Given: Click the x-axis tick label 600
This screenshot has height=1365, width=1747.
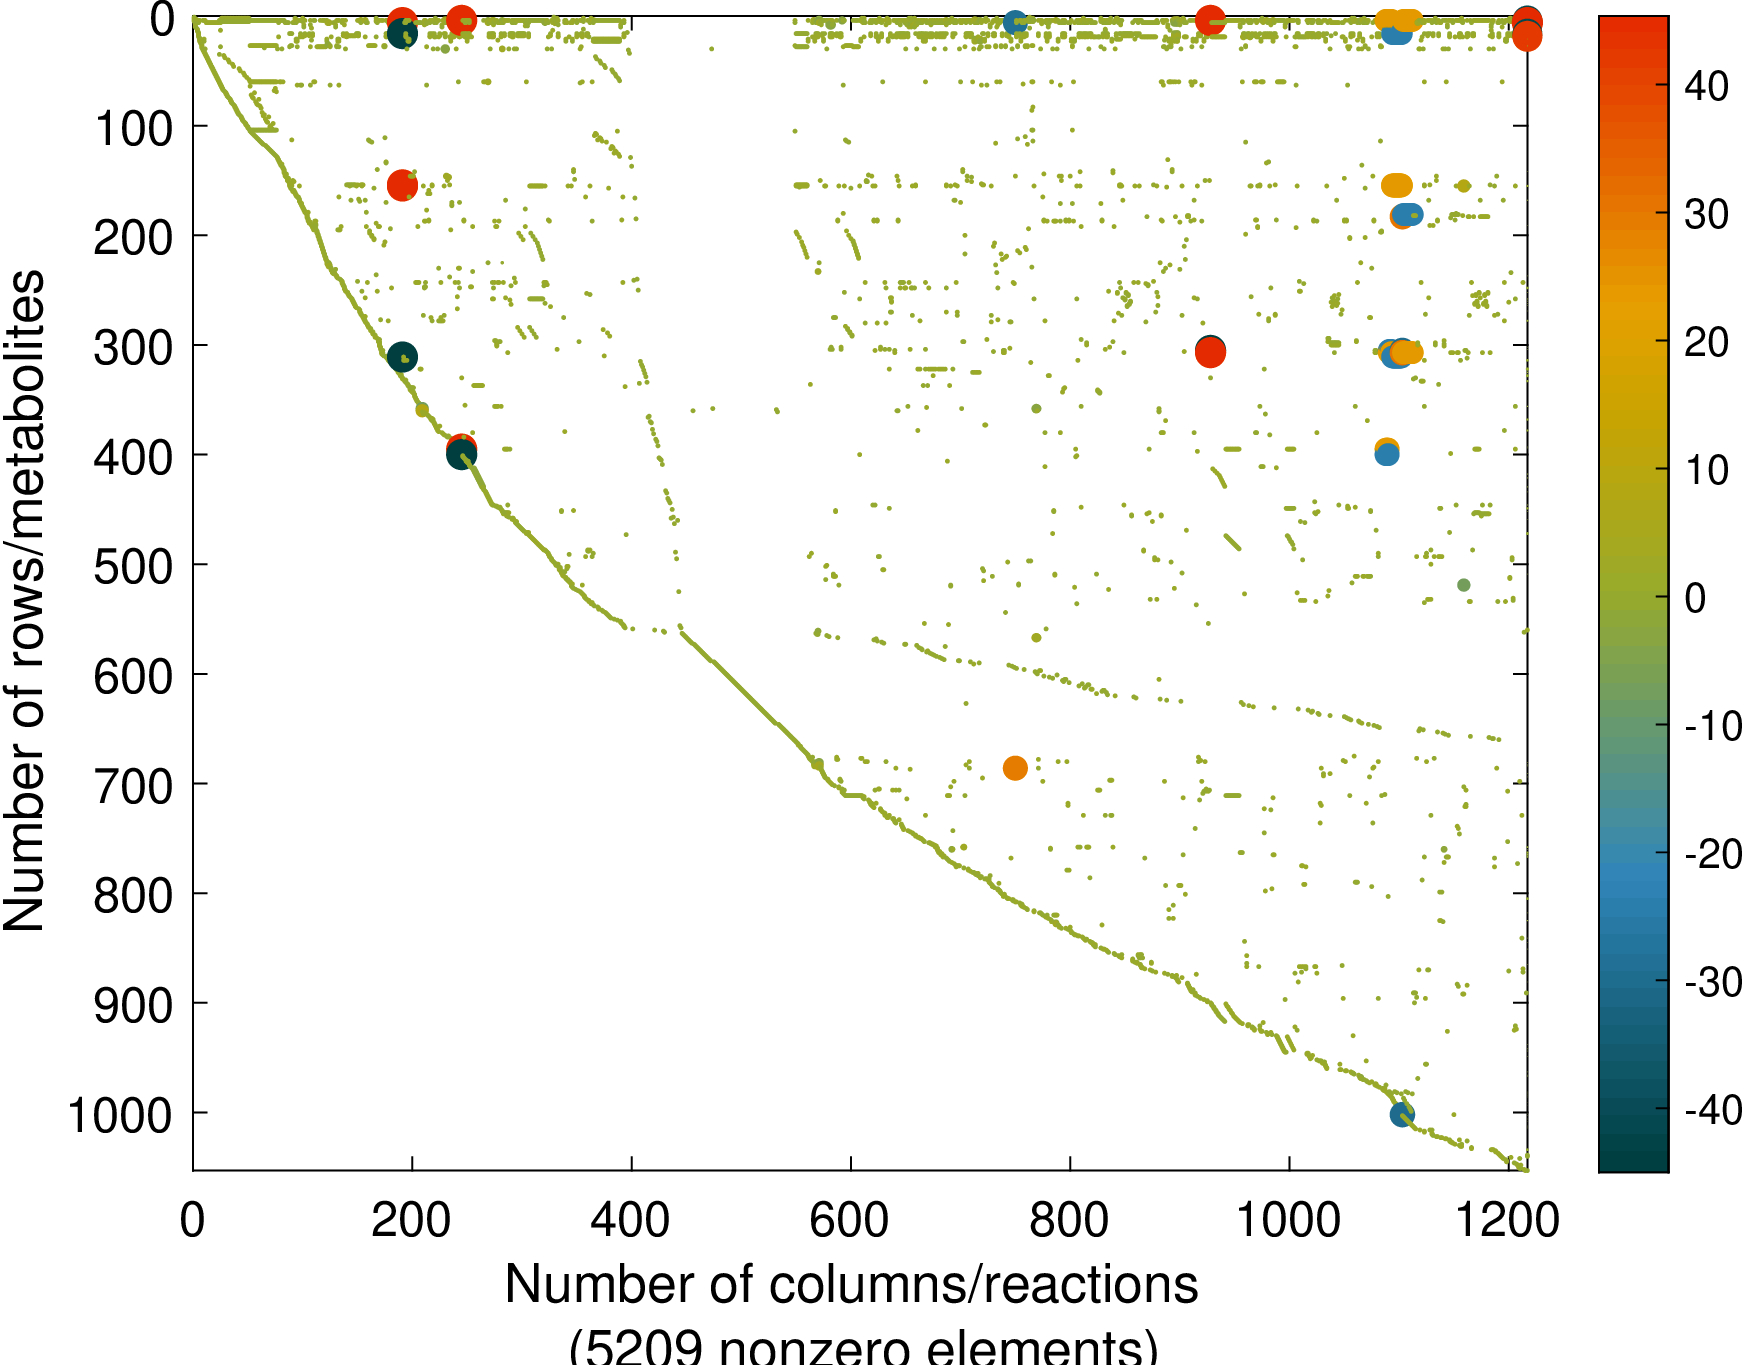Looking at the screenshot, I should point(849,1221).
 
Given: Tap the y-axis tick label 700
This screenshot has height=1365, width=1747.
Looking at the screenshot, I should point(133,787).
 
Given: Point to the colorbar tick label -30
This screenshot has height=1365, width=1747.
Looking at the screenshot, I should point(1713,982).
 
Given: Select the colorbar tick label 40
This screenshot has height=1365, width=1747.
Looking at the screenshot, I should point(1706,87).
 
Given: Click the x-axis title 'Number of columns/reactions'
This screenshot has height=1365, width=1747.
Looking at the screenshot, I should point(851,1284).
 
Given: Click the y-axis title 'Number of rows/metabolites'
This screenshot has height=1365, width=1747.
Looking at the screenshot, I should point(25,600).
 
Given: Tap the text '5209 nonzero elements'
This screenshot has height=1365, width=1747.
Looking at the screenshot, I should point(863,1346).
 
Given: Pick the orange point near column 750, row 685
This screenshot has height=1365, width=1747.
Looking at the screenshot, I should point(1015,768).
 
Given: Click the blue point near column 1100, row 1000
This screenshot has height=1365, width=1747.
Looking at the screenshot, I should point(1402,1114).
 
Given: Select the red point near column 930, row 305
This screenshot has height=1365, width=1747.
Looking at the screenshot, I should point(1210,352).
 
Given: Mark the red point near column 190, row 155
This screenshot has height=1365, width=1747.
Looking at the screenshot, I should point(402,185).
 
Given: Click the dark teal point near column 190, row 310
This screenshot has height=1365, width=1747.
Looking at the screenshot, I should point(402,357).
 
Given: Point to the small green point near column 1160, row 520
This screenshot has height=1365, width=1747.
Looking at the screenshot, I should point(1464,585).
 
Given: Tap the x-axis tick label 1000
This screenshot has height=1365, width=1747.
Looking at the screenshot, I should point(1288,1221).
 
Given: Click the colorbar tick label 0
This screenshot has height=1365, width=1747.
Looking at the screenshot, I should point(1695,598).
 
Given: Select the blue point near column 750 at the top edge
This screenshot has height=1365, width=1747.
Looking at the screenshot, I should point(1015,22).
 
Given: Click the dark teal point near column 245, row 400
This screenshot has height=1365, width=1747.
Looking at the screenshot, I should point(461,456).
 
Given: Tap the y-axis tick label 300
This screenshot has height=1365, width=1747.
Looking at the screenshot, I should point(133,348).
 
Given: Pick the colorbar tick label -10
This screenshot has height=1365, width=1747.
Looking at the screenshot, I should point(1713,726).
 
